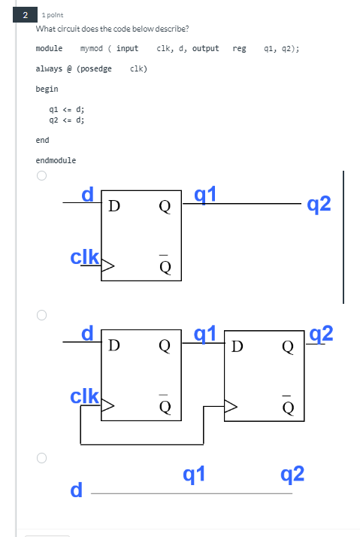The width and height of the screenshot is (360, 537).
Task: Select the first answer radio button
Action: [x=42, y=177]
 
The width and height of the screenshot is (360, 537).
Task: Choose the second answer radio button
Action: [x=42, y=314]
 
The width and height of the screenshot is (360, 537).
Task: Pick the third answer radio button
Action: [x=42, y=457]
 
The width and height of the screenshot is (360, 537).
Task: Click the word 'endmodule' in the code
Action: [x=56, y=160]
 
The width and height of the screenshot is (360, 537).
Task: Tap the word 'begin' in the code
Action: [x=47, y=89]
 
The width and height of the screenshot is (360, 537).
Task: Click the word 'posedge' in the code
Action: [x=95, y=68]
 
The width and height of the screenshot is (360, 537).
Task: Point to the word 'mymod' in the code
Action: [x=91, y=48]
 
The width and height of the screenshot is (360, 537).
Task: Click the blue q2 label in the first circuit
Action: [x=319, y=204]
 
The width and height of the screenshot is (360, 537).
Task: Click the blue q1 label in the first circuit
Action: [x=205, y=194]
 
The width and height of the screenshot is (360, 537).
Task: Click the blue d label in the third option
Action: [x=75, y=490]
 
